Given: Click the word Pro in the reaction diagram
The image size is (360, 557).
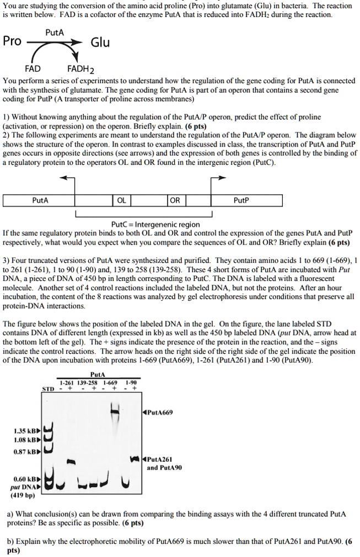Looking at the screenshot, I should point(13,41).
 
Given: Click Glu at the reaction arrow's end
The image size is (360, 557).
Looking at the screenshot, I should point(100,42).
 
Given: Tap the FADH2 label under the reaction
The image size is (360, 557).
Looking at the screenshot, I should point(81,69).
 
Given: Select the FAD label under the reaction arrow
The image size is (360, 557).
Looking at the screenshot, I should point(32,69).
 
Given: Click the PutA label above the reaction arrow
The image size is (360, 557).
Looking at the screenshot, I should point(54,32).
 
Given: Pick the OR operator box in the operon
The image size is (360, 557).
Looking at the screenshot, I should point(175,201).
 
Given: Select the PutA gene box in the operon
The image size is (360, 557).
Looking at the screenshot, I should point(39,201).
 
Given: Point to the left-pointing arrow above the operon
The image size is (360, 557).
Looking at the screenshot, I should point(67,179).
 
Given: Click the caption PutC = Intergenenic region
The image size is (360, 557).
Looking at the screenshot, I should point(148,224).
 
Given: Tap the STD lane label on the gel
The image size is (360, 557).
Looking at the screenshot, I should point(48,391).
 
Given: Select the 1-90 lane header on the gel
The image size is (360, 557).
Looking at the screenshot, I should point(131,383).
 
